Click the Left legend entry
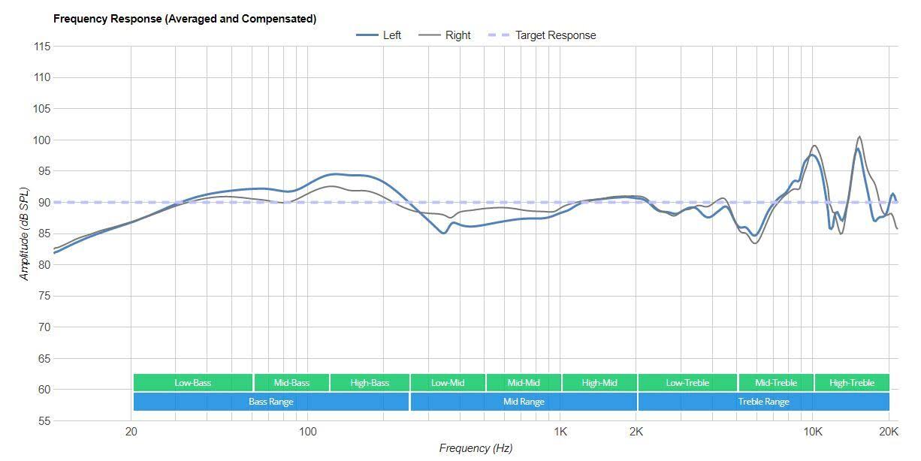[x=379, y=35]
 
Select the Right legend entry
[x=445, y=35]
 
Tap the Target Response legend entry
[x=542, y=35]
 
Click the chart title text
[x=185, y=19]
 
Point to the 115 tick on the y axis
[x=42, y=47]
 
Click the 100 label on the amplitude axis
[x=42, y=140]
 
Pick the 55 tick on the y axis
[x=44, y=420]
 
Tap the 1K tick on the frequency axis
[x=560, y=432]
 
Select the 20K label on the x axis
[x=889, y=432]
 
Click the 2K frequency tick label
[x=636, y=432]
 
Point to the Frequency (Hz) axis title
[x=476, y=447]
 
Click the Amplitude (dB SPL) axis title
[x=25, y=234]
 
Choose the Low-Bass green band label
[x=193, y=382]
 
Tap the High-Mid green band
[x=599, y=382]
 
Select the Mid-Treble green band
[x=776, y=382]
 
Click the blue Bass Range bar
[x=271, y=402]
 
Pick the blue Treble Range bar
[x=763, y=402]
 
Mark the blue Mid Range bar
[x=524, y=402]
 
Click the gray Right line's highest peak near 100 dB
[x=859, y=137]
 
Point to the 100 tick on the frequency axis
[x=307, y=432]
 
